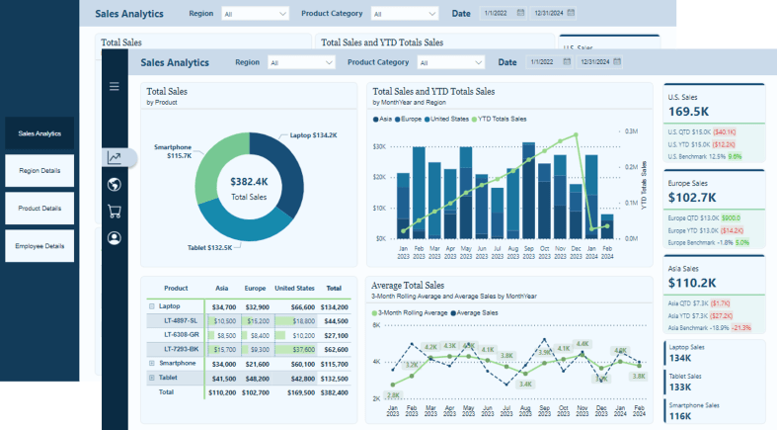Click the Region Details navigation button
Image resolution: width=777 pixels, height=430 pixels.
[x=39, y=170]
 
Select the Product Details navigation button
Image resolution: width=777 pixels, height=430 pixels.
[x=39, y=208]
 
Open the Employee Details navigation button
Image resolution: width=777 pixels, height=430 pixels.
[x=39, y=246]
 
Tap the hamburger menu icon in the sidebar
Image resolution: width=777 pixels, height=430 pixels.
[x=115, y=87]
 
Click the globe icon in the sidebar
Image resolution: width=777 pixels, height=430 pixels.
[x=115, y=185]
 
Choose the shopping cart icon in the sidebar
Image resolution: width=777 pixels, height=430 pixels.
[x=115, y=211]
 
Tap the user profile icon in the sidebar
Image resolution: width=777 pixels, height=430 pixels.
[x=115, y=237]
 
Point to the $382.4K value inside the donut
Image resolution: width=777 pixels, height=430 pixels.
[x=249, y=182]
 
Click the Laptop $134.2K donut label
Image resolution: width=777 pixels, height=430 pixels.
[x=314, y=135]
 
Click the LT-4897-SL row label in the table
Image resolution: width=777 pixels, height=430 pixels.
[x=180, y=321]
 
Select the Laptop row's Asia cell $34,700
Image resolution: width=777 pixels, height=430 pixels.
[x=223, y=306]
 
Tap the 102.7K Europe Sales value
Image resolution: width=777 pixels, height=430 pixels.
[x=690, y=198]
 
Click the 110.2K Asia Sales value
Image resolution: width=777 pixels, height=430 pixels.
[x=690, y=284]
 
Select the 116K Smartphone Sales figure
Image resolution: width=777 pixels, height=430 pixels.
[x=681, y=417]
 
